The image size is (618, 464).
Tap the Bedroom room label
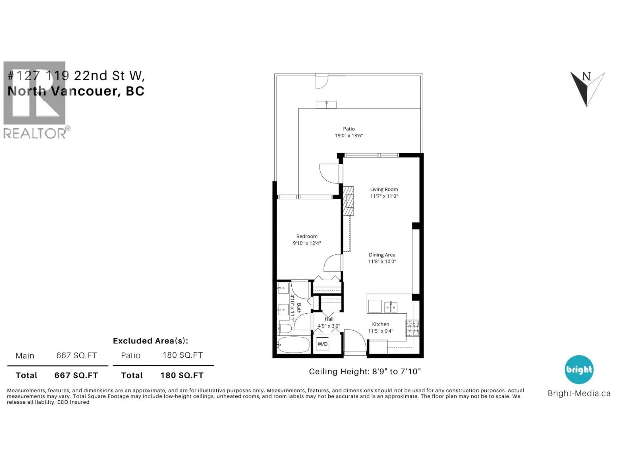(x=307, y=236)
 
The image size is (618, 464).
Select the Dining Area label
(x=382, y=255)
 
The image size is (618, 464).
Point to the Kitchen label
(x=380, y=324)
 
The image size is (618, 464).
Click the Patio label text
(x=349, y=129)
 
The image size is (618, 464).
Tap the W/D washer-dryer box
(x=322, y=344)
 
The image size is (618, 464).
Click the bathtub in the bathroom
(x=293, y=345)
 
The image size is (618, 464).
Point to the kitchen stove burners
(x=412, y=328)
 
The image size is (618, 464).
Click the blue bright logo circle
(x=579, y=369)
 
